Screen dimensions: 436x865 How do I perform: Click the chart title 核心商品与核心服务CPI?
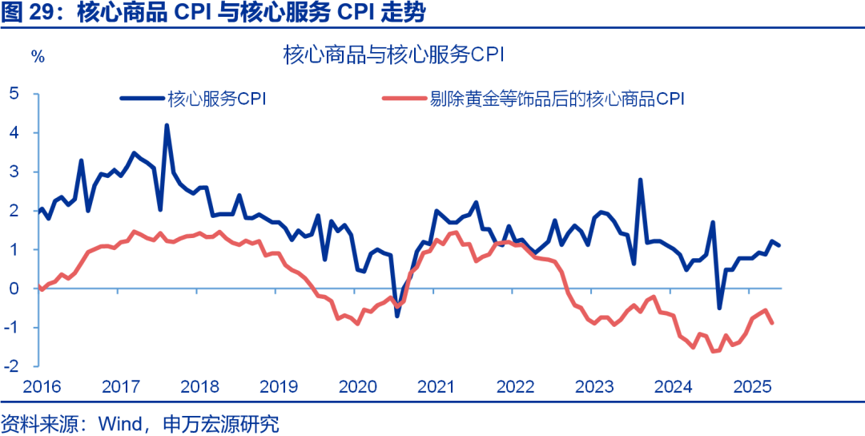pyautogui.click(x=392, y=55)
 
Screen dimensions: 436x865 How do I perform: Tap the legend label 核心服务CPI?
pyautogui.click(x=216, y=99)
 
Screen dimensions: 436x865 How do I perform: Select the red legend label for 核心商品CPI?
pyautogui.click(x=556, y=99)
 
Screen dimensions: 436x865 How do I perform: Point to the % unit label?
pyautogui.click(x=37, y=56)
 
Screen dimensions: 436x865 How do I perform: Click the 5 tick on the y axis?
pyautogui.click(x=14, y=93)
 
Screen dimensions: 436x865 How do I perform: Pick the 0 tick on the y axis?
pyautogui.click(x=14, y=289)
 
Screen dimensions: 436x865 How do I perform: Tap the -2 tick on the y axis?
pyautogui.click(x=11, y=366)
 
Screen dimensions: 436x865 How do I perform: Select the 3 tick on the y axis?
pyautogui.click(x=14, y=172)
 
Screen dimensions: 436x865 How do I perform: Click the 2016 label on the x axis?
pyautogui.click(x=42, y=387)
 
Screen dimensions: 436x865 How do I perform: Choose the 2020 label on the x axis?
pyautogui.click(x=358, y=387)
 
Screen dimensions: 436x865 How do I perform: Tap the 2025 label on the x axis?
pyautogui.click(x=754, y=387)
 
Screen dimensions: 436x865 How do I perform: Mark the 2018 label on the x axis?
pyautogui.click(x=200, y=387)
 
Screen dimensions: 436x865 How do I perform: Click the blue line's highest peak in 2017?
pyautogui.click(x=167, y=125)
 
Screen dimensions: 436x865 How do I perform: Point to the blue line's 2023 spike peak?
pyautogui.click(x=640, y=180)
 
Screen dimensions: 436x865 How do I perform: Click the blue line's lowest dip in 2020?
pyautogui.click(x=396, y=316)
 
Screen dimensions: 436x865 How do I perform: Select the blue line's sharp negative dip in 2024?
pyautogui.click(x=719, y=308)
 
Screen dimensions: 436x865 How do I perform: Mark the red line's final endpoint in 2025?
pyautogui.click(x=771, y=323)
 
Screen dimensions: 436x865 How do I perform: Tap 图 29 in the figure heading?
pyautogui.click(x=31, y=14)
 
